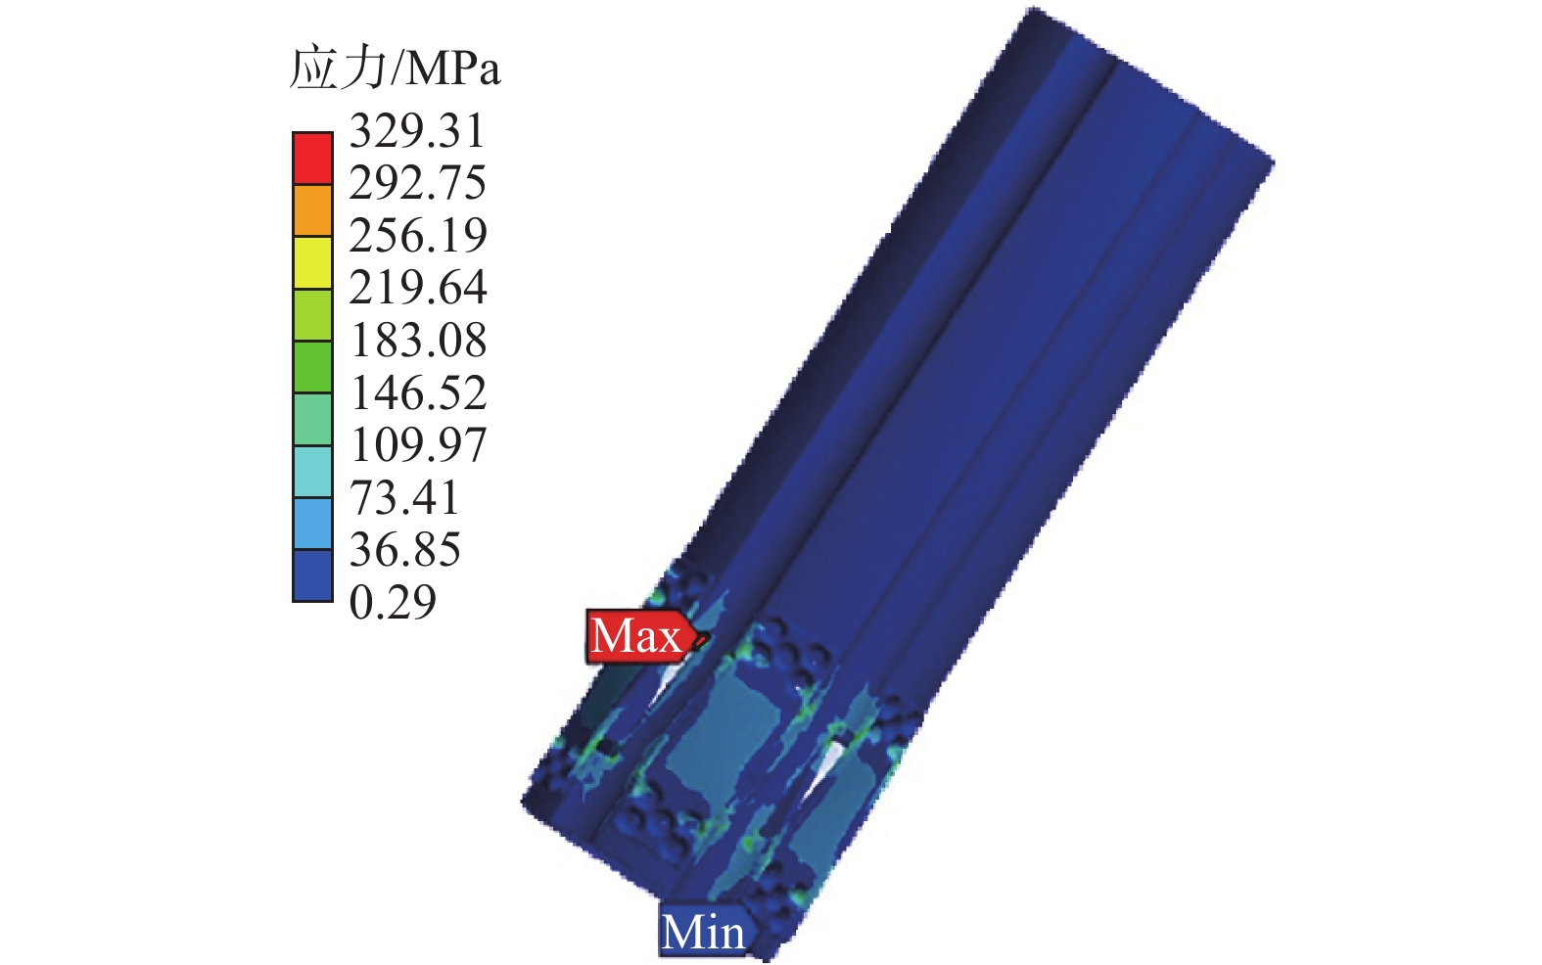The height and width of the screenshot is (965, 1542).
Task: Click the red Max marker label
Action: pos(636,636)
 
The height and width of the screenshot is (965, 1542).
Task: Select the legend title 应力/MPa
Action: pos(395,69)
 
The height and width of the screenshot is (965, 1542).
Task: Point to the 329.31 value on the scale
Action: pos(417,131)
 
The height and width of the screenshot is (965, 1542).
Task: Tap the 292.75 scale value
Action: pos(417,183)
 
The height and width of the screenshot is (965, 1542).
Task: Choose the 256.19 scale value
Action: pos(418,236)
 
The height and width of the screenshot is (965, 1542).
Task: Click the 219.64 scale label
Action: pos(418,288)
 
